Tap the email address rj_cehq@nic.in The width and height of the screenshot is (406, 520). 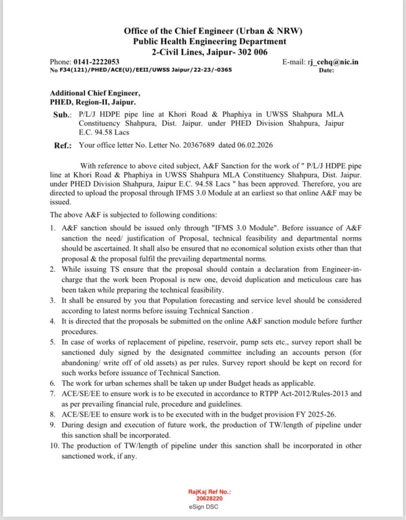(x=333, y=62)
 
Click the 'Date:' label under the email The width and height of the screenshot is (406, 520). (x=326, y=71)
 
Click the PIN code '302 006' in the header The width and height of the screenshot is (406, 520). (x=249, y=52)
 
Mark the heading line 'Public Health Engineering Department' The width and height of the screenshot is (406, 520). (x=209, y=41)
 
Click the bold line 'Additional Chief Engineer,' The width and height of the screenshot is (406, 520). (x=95, y=93)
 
